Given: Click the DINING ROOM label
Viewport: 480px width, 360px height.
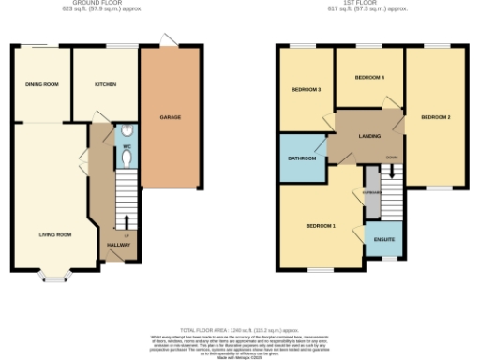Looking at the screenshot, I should (42, 84).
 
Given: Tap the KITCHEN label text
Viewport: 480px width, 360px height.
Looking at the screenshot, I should (105, 84).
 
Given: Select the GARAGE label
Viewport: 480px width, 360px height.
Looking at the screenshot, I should (170, 117).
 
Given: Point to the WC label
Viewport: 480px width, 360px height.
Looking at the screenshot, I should (125, 146).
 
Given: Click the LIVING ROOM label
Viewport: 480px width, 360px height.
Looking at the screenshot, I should (55, 234).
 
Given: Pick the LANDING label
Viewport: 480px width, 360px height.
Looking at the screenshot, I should (368, 137).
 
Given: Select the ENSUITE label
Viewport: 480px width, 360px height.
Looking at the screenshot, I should (383, 239).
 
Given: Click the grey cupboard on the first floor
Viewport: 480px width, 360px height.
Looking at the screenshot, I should (370, 191).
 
